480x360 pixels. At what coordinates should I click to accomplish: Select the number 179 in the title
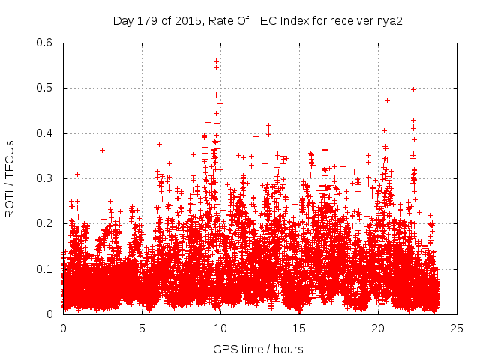coord(148,20)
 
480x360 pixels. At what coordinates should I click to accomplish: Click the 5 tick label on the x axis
coord(142,328)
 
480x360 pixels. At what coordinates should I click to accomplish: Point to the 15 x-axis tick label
coord(299,328)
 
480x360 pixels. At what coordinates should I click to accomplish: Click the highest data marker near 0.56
coord(217,61)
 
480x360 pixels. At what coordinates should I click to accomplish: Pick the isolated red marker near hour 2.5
coord(102,150)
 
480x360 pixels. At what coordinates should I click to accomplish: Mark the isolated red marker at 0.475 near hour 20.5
coord(387,100)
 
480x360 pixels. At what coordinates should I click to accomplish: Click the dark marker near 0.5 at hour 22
coord(413,89)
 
